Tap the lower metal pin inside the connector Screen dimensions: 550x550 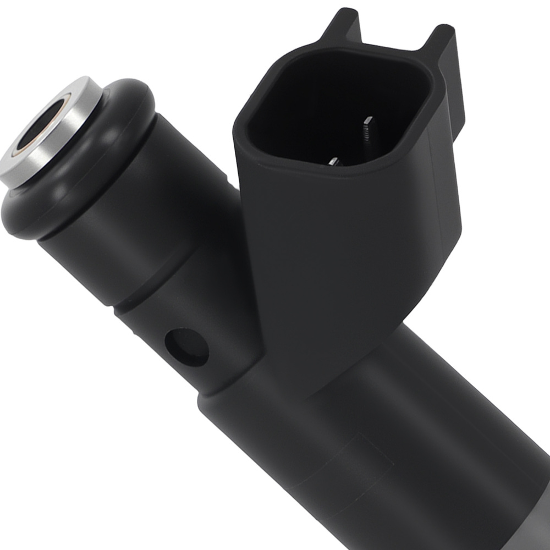point(334,161)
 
